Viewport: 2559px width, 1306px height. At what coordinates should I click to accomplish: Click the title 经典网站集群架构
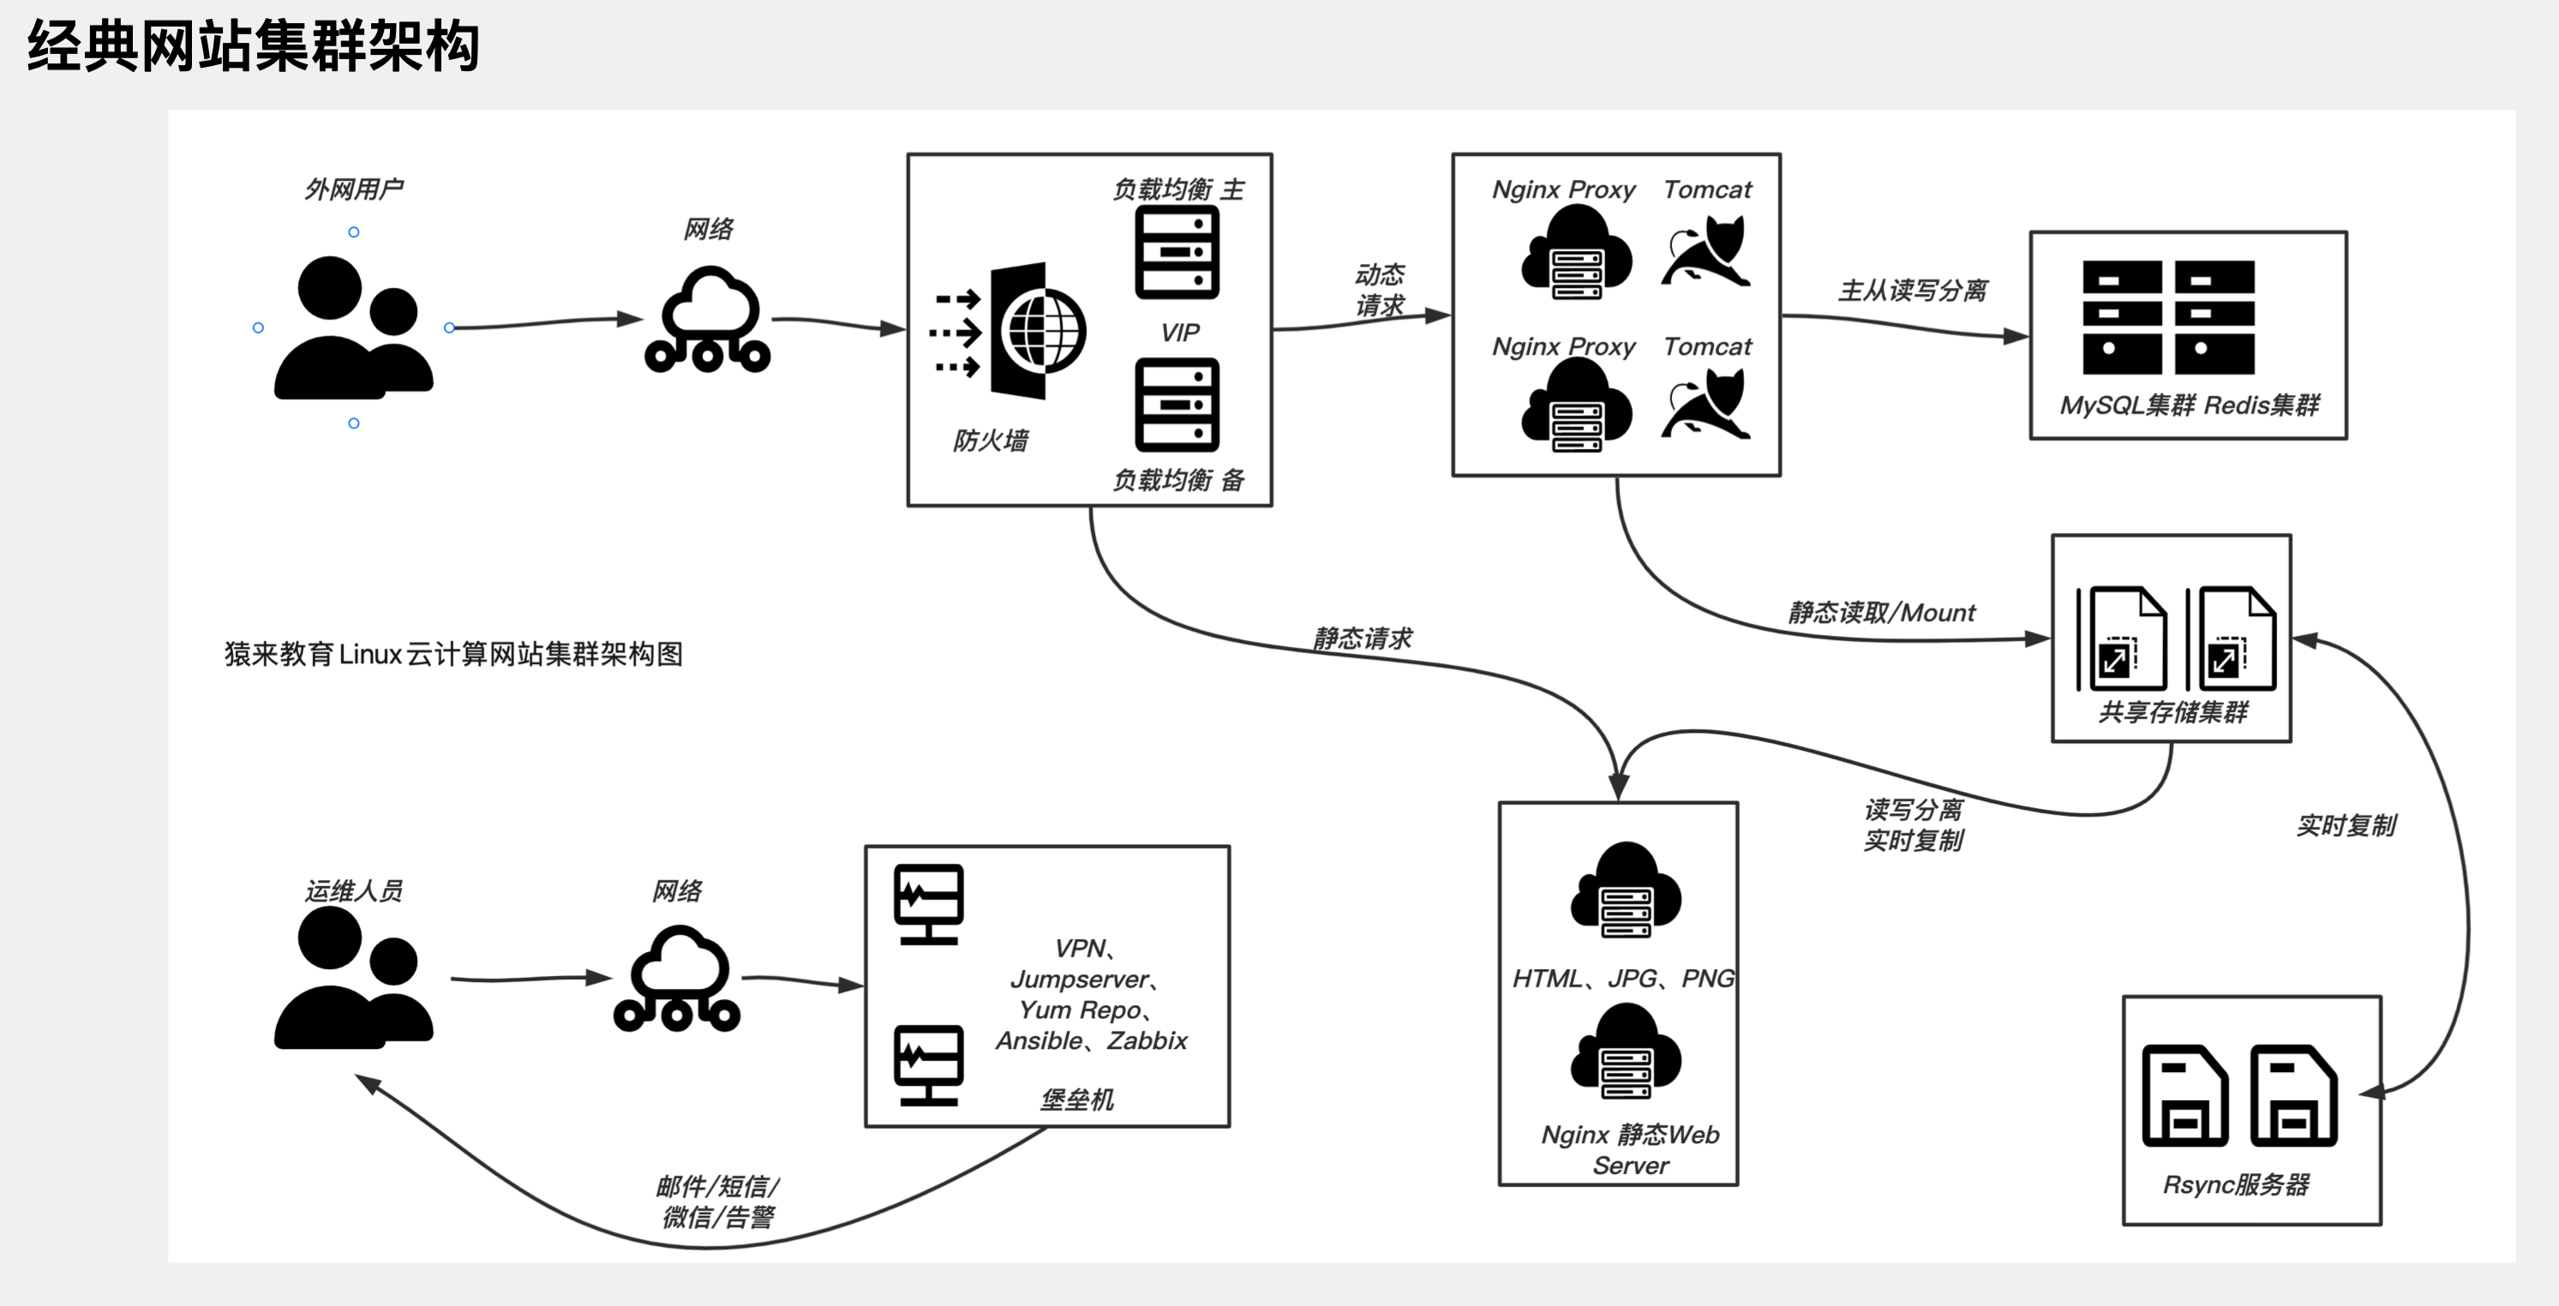point(254,46)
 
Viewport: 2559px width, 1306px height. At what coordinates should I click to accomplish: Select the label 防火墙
point(991,440)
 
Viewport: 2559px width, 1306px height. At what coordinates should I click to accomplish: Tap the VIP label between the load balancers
point(1179,332)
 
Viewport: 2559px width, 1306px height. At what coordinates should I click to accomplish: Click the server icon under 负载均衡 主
point(1178,252)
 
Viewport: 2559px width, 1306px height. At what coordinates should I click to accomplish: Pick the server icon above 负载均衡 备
point(1178,405)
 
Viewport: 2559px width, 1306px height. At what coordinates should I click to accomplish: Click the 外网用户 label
point(354,189)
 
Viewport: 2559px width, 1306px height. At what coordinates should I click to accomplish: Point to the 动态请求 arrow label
point(1380,289)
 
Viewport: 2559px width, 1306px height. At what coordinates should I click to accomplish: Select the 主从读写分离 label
point(1912,290)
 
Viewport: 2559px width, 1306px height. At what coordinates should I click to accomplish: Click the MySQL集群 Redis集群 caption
point(2189,405)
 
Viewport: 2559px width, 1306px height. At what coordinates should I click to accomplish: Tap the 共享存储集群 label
point(2172,712)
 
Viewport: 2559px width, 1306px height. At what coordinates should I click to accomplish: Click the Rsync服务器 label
point(2236,1183)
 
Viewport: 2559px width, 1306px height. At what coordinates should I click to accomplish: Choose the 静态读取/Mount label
point(1881,613)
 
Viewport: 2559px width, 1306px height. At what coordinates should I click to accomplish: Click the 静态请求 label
point(1362,638)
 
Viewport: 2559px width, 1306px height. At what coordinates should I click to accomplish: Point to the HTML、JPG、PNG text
point(1623,979)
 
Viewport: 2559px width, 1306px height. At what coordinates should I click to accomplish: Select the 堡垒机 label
point(1077,1099)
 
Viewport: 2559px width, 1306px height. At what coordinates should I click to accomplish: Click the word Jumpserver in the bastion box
point(1079,979)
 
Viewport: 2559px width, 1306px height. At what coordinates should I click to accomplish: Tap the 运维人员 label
point(354,890)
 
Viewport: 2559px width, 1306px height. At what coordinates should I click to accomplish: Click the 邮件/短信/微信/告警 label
point(718,1201)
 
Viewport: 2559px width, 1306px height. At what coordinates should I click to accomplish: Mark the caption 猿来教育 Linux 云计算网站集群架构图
point(453,655)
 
